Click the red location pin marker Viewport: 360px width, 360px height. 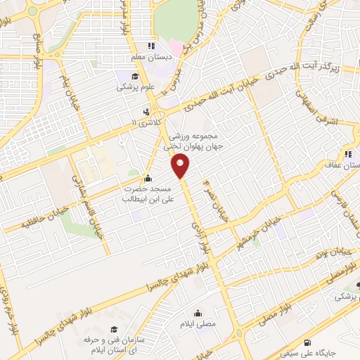[181, 166]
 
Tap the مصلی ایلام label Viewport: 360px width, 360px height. [198, 325]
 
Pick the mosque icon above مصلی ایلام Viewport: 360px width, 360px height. [198, 314]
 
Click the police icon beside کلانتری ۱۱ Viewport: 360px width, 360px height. [146, 112]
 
